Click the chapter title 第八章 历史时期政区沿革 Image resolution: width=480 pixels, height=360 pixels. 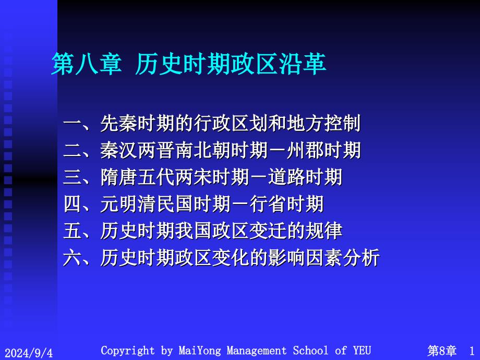tap(188, 64)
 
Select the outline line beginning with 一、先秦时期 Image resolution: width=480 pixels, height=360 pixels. tap(212, 123)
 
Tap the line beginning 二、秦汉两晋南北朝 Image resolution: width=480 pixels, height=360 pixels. tap(212, 150)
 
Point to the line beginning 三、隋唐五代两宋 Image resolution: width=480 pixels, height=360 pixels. tap(202, 177)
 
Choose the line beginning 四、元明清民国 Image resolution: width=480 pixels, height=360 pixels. tap(194, 204)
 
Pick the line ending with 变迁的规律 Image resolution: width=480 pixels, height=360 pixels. tap(202, 231)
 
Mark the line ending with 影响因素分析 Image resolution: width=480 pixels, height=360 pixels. tap(221, 258)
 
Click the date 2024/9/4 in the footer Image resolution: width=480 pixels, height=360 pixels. tap(29, 352)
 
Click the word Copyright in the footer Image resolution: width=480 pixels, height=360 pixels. tap(128, 351)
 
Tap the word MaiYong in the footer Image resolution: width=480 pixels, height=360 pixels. tap(200, 351)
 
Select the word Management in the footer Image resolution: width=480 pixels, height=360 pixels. tap(257, 351)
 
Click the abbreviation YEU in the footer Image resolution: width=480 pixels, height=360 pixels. tap(362, 350)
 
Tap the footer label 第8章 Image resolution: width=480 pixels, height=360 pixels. tap(442, 351)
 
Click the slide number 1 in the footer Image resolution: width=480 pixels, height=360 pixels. tap(472, 351)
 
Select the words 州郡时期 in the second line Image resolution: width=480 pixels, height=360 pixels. tap(324, 150)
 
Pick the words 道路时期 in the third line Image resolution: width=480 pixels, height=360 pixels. tap(305, 177)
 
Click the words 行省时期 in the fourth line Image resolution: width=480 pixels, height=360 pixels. tap(286, 204)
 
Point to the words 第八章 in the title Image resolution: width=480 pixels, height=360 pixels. tap(87, 64)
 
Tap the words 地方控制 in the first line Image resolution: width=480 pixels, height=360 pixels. tap(324, 123)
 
